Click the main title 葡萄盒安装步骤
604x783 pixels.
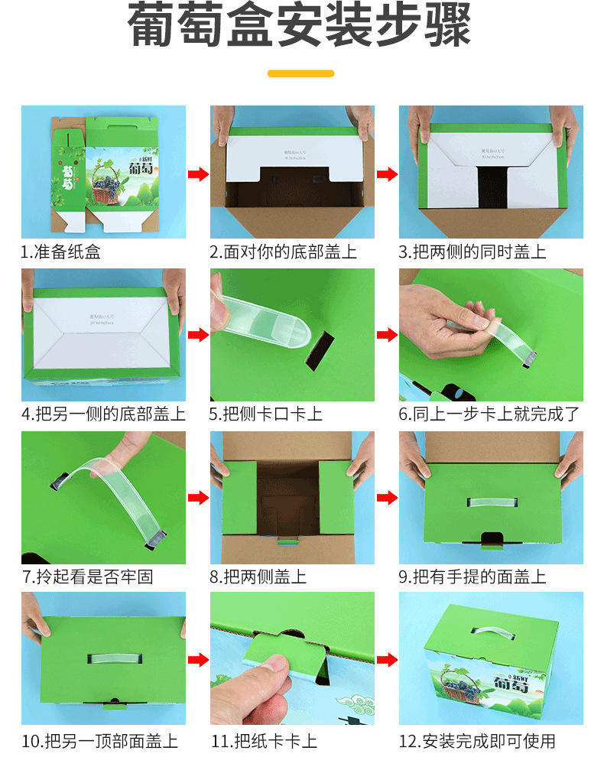click(x=301, y=28)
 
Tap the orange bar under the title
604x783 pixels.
click(x=301, y=73)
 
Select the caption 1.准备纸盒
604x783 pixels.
click(x=61, y=252)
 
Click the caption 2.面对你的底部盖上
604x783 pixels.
click(x=284, y=252)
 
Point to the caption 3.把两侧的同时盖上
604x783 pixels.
click(x=472, y=252)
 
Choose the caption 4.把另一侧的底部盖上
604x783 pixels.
click(x=103, y=414)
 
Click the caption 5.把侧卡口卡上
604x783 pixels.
click(x=266, y=414)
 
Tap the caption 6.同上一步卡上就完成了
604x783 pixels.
click(x=489, y=414)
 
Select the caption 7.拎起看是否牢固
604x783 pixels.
click(x=87, y=577)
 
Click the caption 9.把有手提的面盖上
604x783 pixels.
click(x=472, y=577)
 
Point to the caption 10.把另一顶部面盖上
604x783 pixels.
click(x=99, y=740)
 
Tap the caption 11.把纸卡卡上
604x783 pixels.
click(x=264, y=740)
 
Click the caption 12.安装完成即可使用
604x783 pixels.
click(x=477, y=740)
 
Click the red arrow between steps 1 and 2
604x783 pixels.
click(x=198, y=174)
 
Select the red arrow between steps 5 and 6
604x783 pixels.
click(x=387, y=335)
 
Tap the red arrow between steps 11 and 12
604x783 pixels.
click(x=387, y=659)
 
